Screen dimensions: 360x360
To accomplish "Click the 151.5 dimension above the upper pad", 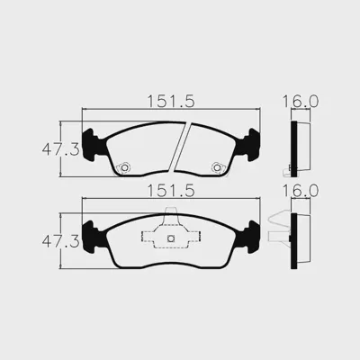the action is click(x=171, y=102).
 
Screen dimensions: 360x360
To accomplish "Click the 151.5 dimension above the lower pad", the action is click(x=171, y=191).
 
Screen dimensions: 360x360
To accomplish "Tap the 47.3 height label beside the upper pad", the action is click(x=61, y=149).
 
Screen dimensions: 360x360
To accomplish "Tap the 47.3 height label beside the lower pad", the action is click(x=61, y=241).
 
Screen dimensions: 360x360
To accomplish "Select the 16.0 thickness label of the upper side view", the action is click(x=301, y=102).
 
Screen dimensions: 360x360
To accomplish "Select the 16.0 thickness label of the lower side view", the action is click(x=301, y=191).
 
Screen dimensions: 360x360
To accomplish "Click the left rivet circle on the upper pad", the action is click(x=124, y=167).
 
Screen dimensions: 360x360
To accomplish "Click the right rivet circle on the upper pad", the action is click(x=217, y=167).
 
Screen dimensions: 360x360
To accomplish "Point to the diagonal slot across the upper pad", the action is click(x=180, y=147).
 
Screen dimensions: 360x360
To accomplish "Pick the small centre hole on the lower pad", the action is click(x=171, y=238).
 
